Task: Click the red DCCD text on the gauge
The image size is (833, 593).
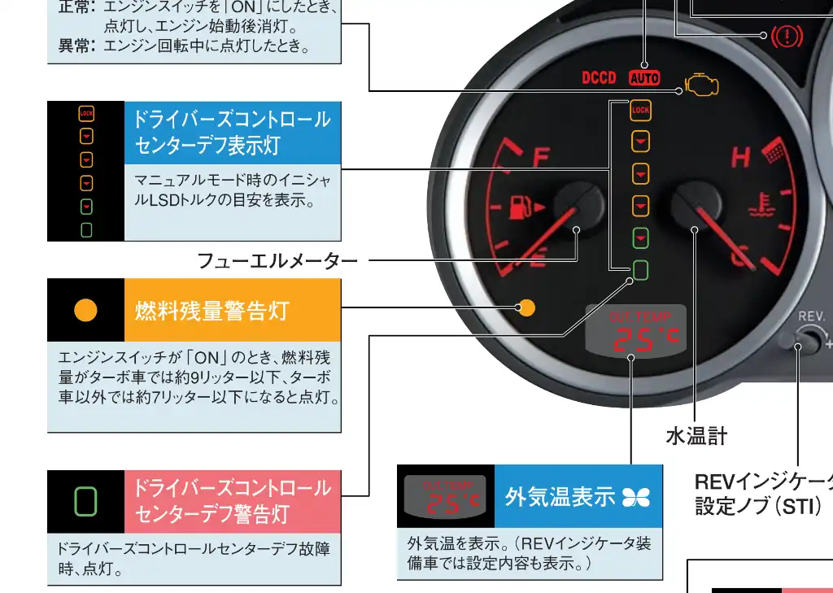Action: [599, 78]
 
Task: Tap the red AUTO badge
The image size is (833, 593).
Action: [644, 79]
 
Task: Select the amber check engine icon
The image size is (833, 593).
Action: [702, 85]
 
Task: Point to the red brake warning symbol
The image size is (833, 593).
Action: [787, 36]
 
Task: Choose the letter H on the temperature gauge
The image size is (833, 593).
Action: [740, 157]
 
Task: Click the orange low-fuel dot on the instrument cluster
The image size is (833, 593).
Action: [527, 307]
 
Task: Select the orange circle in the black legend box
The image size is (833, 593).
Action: [85, 310]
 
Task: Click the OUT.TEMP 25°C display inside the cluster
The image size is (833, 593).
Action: [636, 334]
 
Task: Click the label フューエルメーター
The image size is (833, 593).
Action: [277, 261]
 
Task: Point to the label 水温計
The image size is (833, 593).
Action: [696, 436]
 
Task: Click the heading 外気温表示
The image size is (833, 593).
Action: [560, 496]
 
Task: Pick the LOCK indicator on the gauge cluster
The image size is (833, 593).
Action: [640, 110]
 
